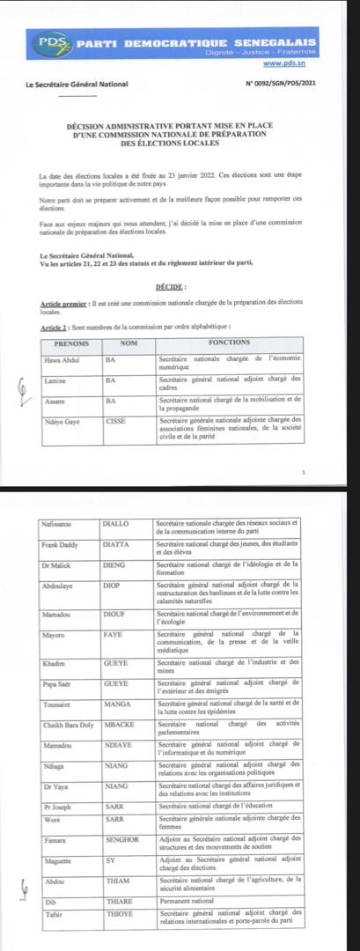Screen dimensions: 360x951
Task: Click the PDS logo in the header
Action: click(55, 42)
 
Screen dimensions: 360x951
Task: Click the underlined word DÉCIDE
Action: click(171, 287)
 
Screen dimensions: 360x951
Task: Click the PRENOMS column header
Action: click(71, 343)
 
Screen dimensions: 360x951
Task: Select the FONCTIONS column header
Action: click(229, 343)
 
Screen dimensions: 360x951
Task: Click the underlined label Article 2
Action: click(55, 327)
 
